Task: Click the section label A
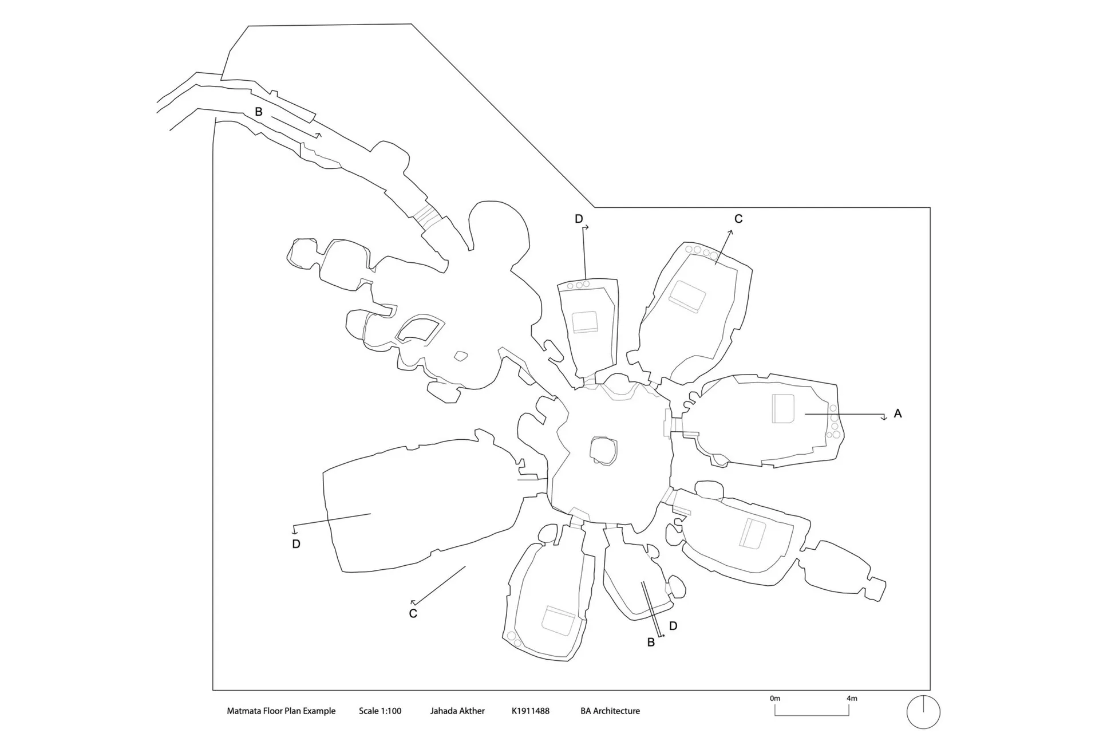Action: point(898,413)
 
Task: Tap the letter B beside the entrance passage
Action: point(259,112)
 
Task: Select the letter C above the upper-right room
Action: point(738,219)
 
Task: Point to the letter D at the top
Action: point(579,219)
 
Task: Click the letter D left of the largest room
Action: point(296,544)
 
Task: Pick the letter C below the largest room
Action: point(413,614)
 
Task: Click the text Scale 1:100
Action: point(380,711)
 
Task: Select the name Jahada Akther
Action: point(457,711)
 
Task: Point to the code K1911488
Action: point(531,711)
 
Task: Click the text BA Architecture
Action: point(610,711)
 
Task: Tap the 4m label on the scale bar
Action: point(852,698)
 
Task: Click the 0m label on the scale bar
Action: point(775,698)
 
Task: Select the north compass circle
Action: point(923,696)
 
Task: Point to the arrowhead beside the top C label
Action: point(730,232)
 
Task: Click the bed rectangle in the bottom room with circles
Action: point(558,621)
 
